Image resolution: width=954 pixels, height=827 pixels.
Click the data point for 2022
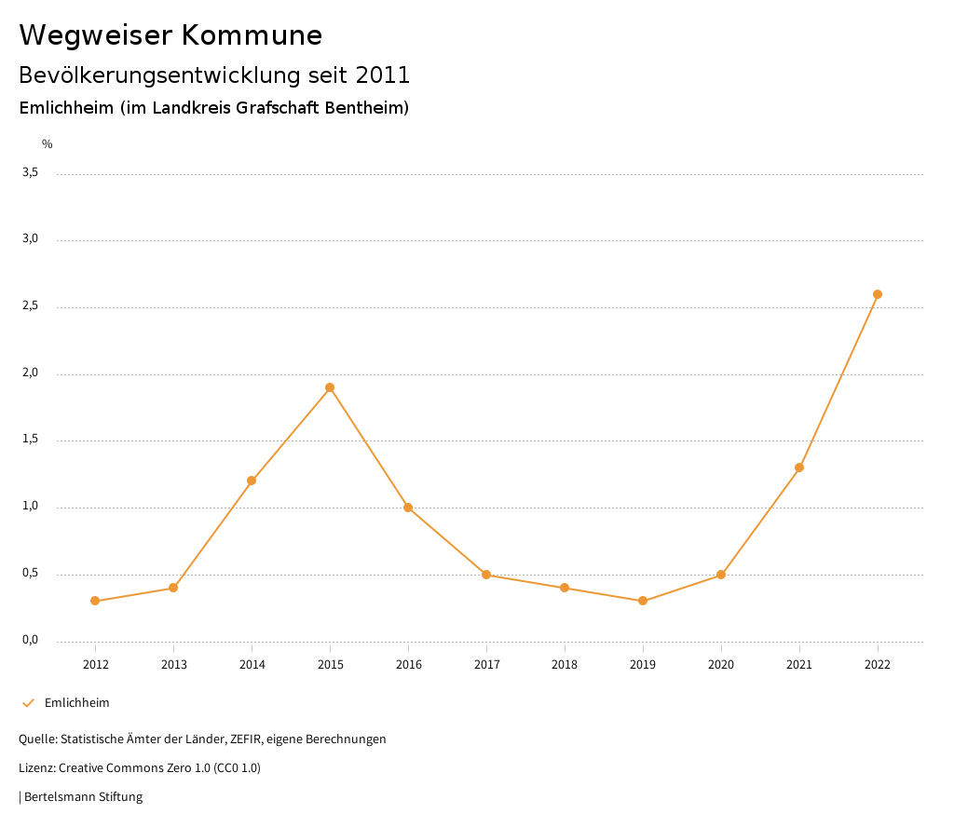tap(877, 294)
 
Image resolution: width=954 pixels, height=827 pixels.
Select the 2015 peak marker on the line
tap(330, 387)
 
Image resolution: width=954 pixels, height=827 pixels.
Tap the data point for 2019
tap(643, 601)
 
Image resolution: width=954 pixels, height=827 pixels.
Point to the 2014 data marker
tap(252, 481)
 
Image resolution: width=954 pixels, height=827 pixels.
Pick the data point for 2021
tap(799, 468)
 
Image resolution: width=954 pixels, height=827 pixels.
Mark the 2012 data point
tap(95, 601)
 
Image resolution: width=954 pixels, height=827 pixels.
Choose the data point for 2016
tap(408, 508)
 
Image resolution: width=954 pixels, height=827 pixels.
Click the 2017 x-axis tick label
tap(486, 665)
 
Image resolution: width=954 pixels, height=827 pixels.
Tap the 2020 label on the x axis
tap(721, 665)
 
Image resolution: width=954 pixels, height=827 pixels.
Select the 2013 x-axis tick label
tap(173, 665)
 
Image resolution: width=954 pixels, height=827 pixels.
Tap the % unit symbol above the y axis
tap(48, 144)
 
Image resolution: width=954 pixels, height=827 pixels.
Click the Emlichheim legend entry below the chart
tap(76, 703)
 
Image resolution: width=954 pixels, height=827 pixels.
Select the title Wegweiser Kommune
tap(170, 35)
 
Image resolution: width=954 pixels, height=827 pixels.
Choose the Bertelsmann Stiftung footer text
tap(83, 797)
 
